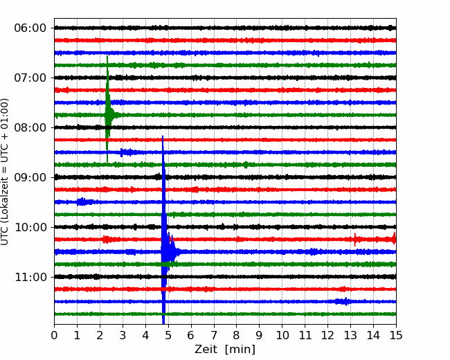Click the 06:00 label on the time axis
coord(30,28)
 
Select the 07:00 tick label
coord(30,78)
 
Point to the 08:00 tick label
coord(30,127)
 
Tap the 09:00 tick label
coord(30,177)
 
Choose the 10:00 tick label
coord(30,227)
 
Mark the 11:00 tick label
coord(30,277)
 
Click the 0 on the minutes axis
coord(54,335)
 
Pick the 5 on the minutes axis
coord(168,335)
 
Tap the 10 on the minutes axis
coord(282,335)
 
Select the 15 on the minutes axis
coord(396,335)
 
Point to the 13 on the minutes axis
coord(350,335)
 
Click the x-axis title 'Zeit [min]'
coord(225,349)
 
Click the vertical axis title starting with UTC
coord(4,172)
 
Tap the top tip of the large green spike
coord(107,55)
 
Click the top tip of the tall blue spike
coord(163,136)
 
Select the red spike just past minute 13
coord(355,239)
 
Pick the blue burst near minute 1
coord(82,202)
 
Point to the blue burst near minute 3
coord(127,152)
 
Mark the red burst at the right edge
coord(393,239)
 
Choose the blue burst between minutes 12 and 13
coord(342,301)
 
